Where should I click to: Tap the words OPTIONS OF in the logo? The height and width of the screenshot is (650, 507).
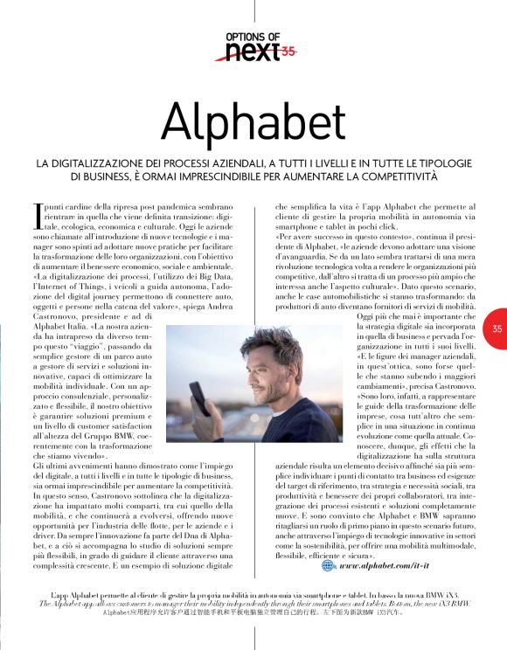coord(253,36)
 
